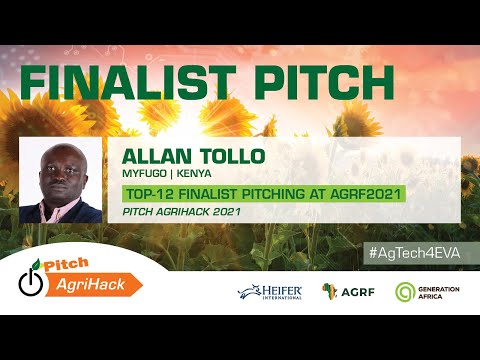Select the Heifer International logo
[270, 292]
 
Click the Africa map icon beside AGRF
[329, 291]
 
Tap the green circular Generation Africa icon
[405, 292]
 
